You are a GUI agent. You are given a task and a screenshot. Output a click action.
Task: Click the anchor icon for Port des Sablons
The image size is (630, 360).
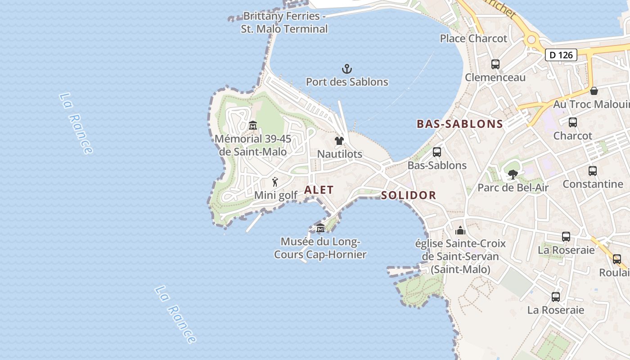(x=346, y=69)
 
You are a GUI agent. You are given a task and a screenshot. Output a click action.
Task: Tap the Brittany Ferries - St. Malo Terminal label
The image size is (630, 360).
(x=284, y=22)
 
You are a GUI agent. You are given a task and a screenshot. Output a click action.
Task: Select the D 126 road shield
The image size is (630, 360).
(x=561, y=55)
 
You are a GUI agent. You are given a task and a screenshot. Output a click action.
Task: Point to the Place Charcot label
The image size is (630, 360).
(x=473, y=39)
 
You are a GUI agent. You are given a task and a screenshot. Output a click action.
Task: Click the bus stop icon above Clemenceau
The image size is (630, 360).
(x=495, y=64)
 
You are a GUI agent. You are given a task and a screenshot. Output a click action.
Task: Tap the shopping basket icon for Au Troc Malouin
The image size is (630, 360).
(x=594, y=91)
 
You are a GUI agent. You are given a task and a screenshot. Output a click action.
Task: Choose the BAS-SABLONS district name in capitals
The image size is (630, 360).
(x=459, y=124)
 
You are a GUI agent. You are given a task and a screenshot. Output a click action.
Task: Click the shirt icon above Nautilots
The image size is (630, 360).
(x=339, y=141)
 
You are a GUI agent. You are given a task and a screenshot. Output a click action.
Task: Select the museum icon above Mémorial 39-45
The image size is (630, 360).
(x=252, y=125)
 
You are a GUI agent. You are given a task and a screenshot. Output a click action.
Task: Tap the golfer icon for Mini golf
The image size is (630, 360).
(x=275, y=182)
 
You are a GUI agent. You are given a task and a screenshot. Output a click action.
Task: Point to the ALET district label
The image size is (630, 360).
(x=319, y=190)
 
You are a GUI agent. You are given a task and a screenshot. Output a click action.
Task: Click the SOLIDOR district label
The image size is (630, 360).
(x=409, y=195)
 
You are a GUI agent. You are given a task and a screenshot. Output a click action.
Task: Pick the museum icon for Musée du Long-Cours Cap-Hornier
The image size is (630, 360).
(x=320, y=229)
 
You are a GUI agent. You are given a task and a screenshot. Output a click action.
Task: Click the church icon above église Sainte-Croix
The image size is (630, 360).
(x=460, y=231)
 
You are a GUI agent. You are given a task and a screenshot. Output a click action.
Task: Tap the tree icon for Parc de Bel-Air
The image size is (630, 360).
(x=512, y=174)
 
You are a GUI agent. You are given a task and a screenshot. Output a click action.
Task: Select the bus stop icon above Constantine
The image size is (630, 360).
(x=593, y=171)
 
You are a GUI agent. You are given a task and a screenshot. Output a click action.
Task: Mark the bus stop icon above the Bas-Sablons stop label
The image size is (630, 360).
(x=436, y=152)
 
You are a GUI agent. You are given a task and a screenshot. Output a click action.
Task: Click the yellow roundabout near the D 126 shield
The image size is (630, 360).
(x=531, y=40)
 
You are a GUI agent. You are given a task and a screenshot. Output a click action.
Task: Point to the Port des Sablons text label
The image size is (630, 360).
(x=347, y=82)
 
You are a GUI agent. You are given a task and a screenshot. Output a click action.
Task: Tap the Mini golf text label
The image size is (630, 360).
(x=276, y=195)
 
